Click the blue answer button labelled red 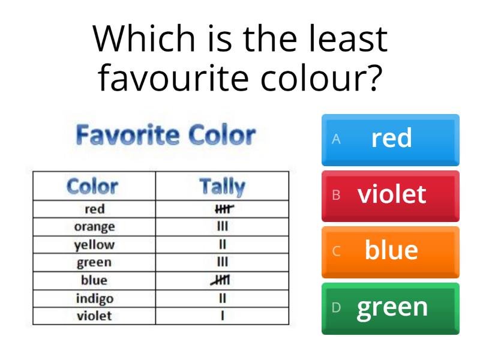coord(391,139)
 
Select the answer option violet coord(391,195)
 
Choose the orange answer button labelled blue coord(391,251)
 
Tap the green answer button coord(391,307)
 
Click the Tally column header coord(222,187)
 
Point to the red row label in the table coord(94,209)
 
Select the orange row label coord(94,227)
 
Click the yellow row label coord(94,245)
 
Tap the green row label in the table coord(94,262)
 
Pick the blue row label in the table coord(94,280)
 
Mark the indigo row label coord(94,298)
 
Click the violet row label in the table coord(94,316)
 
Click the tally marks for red coord(223,209)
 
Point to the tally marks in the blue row coord(221,280)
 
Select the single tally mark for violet coord(222,316)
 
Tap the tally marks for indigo coord(222,298)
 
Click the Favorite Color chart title coord(166,136)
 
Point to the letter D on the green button coord(337,307)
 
